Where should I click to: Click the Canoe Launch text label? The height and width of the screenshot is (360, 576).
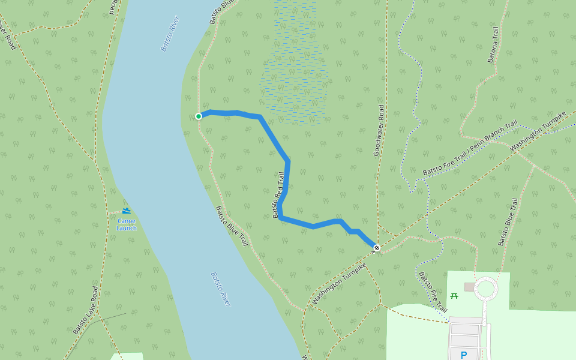[127, 224]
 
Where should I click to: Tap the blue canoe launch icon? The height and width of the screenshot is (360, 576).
[127, 211]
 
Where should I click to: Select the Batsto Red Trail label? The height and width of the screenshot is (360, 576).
[278, 195]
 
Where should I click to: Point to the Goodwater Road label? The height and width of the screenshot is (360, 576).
[379, 130]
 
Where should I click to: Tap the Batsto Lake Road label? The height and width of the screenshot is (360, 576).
[86, 310]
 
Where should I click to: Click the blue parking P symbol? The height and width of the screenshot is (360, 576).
[463, 355]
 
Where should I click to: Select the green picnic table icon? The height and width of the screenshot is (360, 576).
[454, 295]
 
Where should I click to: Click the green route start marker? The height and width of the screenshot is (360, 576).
[199, 116]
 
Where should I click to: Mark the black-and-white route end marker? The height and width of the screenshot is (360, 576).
[377, 248]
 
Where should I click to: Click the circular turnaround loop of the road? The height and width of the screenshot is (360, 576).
[485, 289]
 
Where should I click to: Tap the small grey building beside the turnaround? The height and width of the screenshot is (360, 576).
[469, 287]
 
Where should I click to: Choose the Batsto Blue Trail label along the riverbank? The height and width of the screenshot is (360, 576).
[232, 226]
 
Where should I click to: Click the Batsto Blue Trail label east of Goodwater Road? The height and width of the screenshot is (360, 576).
[507, 222]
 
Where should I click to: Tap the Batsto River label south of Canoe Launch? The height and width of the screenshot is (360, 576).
[220, 289]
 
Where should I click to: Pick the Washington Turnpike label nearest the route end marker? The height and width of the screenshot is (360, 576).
[339, 283]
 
